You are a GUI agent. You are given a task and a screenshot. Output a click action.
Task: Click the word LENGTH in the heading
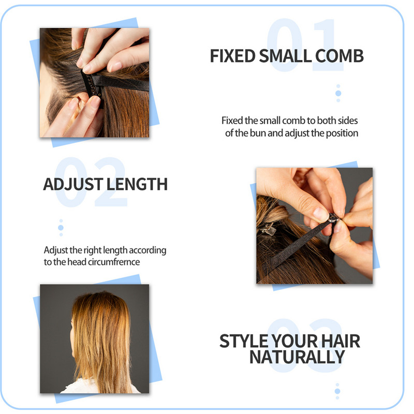point(137,184)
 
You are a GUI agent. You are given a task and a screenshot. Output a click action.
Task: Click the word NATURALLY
point(297,357)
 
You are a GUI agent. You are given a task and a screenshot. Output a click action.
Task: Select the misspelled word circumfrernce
point(114,262)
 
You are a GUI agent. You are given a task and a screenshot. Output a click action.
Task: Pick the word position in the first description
point(342,134)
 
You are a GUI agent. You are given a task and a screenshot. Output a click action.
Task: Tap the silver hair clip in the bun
point(268,229)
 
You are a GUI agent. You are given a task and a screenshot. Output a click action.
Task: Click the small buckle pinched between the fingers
point(333,218)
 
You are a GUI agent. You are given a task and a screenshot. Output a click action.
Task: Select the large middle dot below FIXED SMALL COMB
point(338,93)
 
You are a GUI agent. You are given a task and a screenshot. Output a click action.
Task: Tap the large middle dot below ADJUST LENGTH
point(61,228)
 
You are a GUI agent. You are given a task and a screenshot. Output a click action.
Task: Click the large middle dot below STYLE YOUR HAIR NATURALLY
point(337,391)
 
